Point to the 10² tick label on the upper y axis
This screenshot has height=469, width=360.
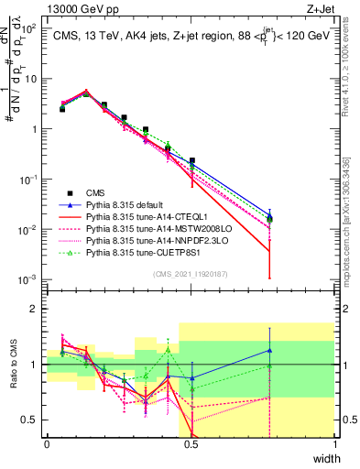29,28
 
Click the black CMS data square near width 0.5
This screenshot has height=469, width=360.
191,160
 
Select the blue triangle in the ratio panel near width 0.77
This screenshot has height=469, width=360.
269,350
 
